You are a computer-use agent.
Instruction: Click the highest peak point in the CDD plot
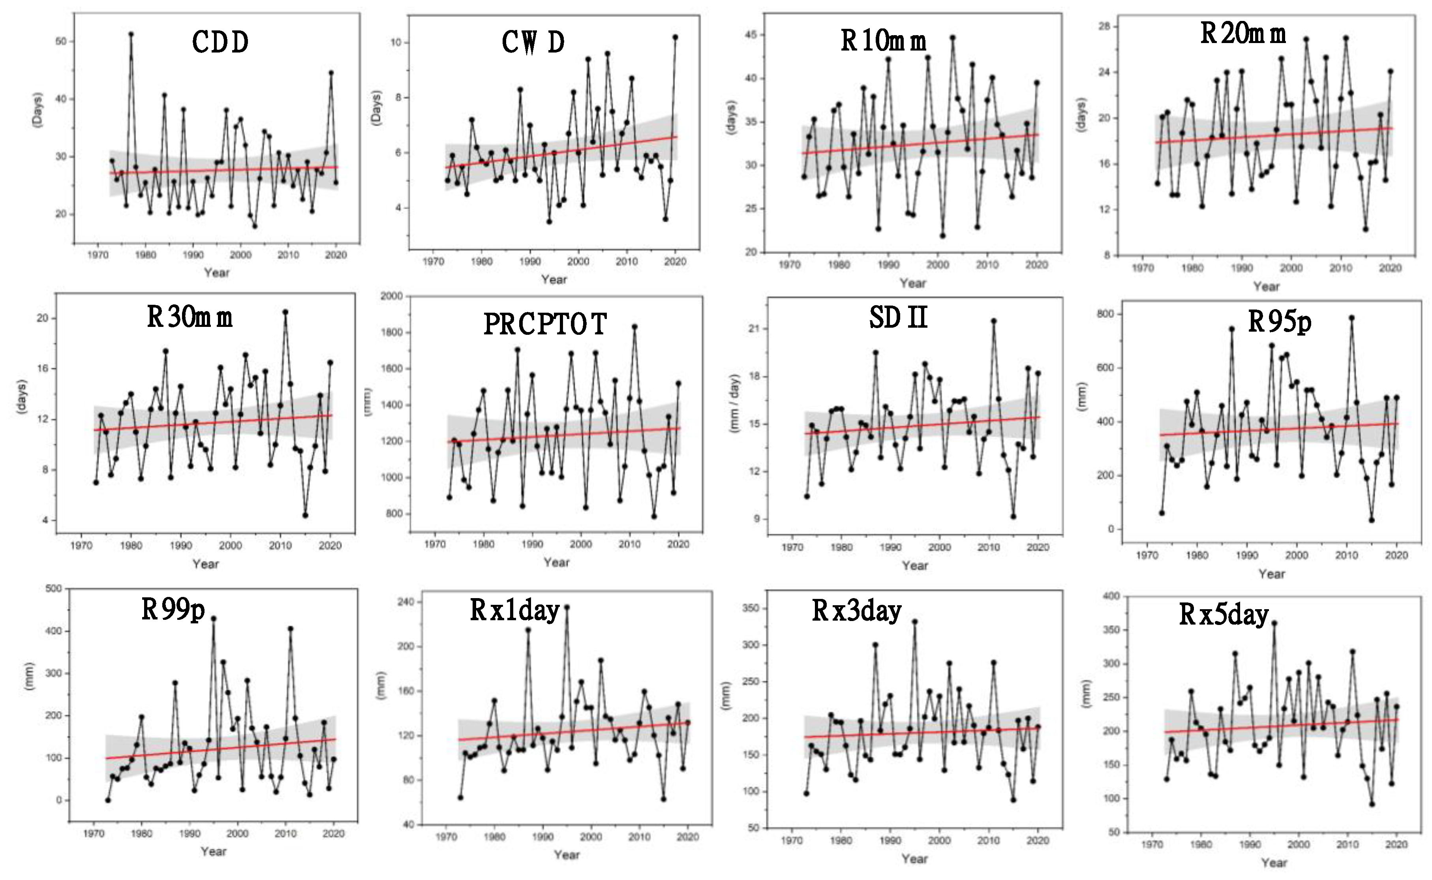coord(131,34)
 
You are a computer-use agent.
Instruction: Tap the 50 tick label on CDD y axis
coord(60,41)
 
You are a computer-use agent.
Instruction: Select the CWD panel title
coord(533,43)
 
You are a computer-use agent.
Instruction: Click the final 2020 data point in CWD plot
coord(675,37)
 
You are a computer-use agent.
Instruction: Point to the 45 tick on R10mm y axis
coord(750,35)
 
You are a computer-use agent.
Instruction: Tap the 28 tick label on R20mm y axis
coord(1104,26)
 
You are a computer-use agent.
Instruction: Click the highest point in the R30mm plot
coord(285,312)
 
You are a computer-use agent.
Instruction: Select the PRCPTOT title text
coord(545,324)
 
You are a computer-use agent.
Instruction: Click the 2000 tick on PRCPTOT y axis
coord(392,296)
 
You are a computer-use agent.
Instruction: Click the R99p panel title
coord(173,610)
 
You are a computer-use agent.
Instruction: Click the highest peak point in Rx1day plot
coord(567,607)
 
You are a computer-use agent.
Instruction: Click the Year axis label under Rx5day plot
coord(1274,863)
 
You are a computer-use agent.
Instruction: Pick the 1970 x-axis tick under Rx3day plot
coord(792,841)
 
